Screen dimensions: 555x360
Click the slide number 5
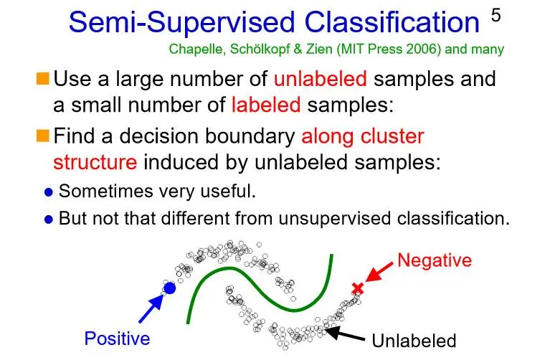click(x=496, y=16)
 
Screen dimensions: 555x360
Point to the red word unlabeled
click(x=320, y=78)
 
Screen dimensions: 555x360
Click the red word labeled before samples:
click(x=266, y=105)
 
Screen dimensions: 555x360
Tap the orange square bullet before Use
click(x=43, y=77)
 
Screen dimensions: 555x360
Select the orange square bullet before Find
click(x=43, y=135)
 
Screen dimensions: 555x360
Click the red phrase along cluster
click(x=363, y=136)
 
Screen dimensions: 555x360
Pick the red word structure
click(x=95, y=162)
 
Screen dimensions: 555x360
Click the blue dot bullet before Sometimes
click(x=49, y=192)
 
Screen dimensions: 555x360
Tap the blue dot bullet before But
click(x=49, y=219)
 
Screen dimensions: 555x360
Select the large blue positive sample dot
click(x=169, y=288)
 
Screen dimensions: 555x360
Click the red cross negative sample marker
click(x=357, y=288)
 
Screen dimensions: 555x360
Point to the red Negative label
click(x=435, y=260)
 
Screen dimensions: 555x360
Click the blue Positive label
click(x=118, y=338)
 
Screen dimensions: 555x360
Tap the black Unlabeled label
click(x=414, y=341)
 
